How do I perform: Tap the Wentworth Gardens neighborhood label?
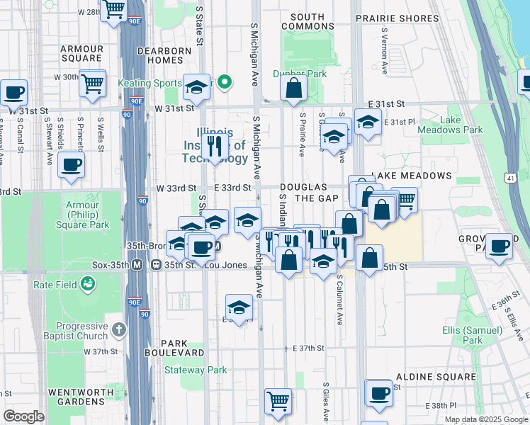(x=76, y=397)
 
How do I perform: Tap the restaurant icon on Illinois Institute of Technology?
(x=212, y=147)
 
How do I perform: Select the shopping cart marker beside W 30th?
(x=92, y=83)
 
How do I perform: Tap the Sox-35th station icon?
(x=137, y=265)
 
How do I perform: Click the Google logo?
(x=23, y=416)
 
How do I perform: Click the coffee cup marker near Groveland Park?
(x=499, y=246)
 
